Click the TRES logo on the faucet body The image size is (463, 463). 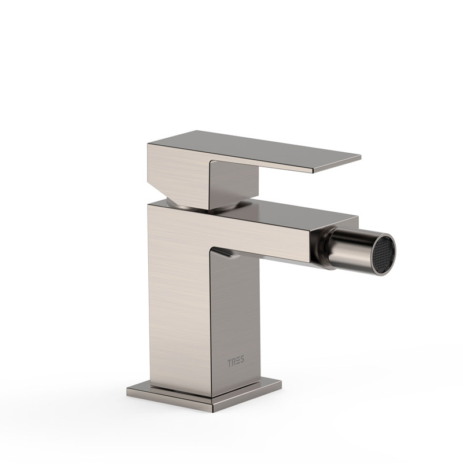[236, 361]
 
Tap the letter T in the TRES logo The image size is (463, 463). [229, 363]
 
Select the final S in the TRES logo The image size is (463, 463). [242, 359]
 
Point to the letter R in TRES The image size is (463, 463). [233, 362]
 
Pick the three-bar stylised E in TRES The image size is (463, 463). [238, 361]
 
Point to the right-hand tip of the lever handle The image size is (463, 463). [360, 156]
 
